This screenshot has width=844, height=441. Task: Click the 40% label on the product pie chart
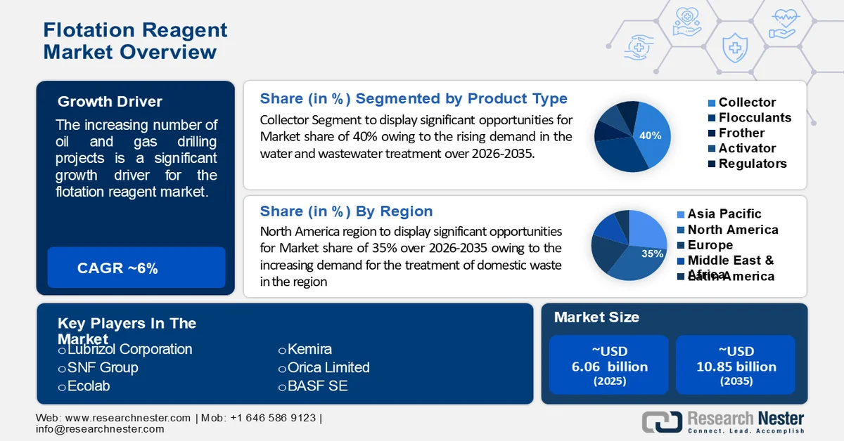[651, 136]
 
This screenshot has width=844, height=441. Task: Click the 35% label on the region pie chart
[652, 254]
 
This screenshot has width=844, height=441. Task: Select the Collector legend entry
[746, 103]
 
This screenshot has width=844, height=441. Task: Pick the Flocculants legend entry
[754, 118]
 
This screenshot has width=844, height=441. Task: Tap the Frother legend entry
[741, 133]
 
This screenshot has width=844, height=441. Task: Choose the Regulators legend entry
[752, 164]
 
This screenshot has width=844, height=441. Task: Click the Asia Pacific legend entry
[724, 214]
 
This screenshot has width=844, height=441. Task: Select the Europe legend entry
[710, 245]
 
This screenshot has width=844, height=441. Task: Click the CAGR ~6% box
[136, 268]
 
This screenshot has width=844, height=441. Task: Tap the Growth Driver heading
[110, 102]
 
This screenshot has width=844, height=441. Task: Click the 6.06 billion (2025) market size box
[609, 365]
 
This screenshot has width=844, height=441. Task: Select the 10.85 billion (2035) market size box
[736, 365]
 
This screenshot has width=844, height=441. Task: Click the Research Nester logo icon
[662, 421]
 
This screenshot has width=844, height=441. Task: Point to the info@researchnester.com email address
[100, 429]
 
